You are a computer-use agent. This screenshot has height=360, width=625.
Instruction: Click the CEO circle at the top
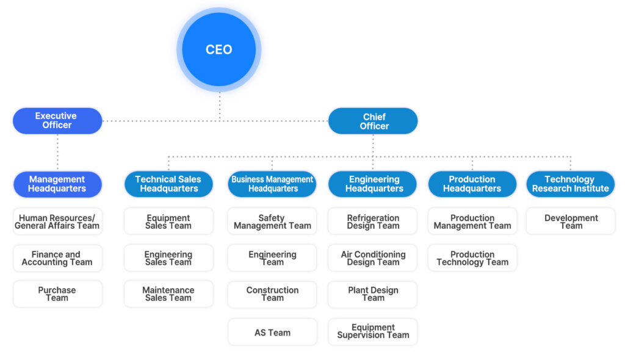pyautogui.click(x=219, y=49)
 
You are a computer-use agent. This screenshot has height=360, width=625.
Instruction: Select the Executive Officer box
pyautogui.click(x=57, y=121)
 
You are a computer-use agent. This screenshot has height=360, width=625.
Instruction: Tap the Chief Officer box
pyautogui.click(x=373, y=121)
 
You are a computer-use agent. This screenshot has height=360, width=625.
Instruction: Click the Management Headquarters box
pyautogui.click(x=57, y=184)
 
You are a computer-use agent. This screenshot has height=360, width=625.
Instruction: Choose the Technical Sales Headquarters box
pyautogui.click(x=168, y=184)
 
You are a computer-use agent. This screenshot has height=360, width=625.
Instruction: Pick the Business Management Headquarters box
pyautogui.click(x=272, y=184)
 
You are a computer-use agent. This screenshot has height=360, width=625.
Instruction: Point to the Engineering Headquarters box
pyautogui.click(x=373, y=184)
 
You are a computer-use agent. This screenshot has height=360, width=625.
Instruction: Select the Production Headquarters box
pyautogui.click(x=472, y=184)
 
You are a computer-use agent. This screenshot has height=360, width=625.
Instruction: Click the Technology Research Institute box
pyautogui.click(x=571, y=184)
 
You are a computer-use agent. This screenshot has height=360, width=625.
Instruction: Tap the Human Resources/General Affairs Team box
pyautogui.click(x=57, y=221)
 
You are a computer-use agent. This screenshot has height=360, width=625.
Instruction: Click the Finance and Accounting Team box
pyautogui.click(x=57, y=258)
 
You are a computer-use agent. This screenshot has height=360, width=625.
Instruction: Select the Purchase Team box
pyautogui.click(x=57, y=294)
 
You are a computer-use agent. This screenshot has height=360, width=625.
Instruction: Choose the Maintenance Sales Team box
pyautogui.click(x=168, y=294)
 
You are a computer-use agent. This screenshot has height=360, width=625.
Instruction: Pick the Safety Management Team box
pyautogui.click(x=272, y=221)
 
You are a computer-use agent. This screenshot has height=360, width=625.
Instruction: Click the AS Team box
pyautogui.click(x=272, y=333)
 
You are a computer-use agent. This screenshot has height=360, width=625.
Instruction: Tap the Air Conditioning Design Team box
pyautogui.click(x=373, y=258)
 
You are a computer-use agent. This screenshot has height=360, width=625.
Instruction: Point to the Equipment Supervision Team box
pyautogui.click(x=373, y=331)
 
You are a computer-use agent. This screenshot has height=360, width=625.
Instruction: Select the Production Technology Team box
pyautogui.click(x=472, y=258)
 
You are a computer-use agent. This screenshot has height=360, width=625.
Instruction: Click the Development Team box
pyautogui.click(x=571, y=221)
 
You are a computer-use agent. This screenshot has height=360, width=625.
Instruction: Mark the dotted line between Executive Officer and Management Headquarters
pyautogui.click(x=57, y=153)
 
